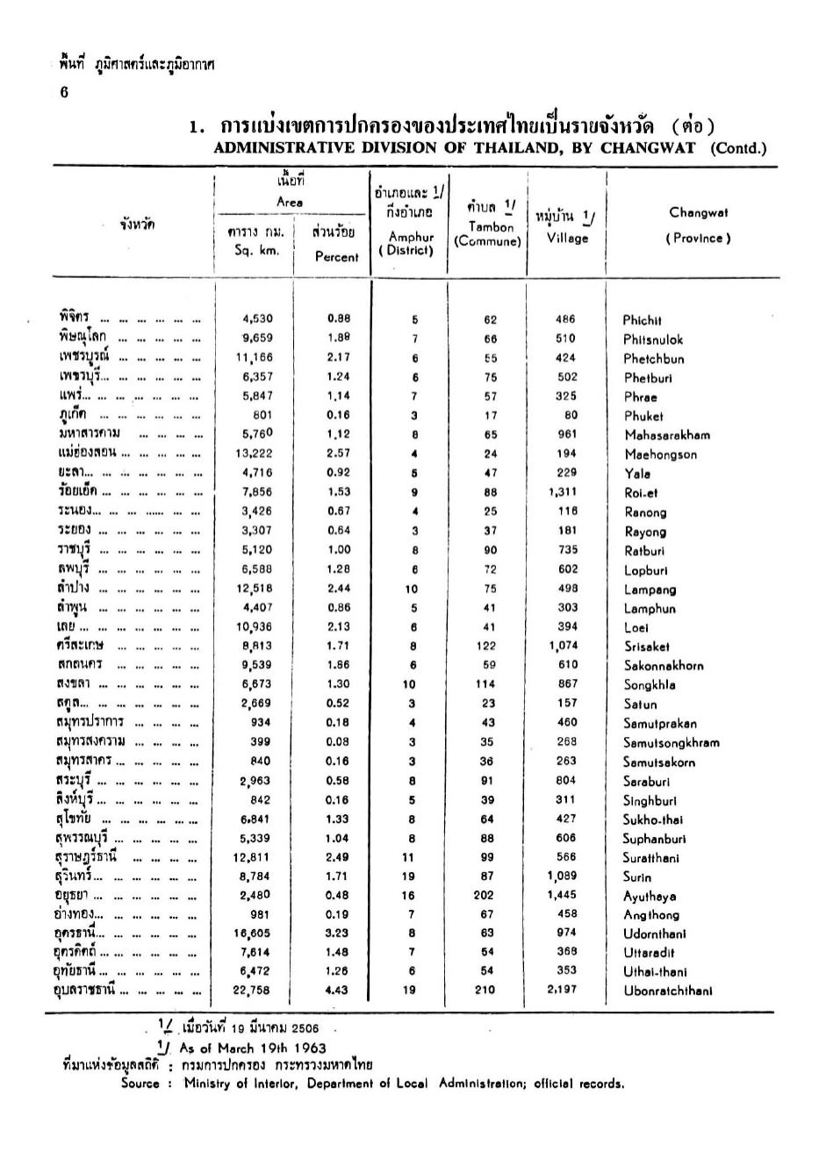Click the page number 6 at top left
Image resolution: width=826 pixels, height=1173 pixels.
[x=64, y=92]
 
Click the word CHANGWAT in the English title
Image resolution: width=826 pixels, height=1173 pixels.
[x=652, y=147]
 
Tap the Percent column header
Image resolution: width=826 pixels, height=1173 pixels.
[x=337, y=257]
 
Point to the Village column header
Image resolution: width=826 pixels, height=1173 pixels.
[x=567, y=238]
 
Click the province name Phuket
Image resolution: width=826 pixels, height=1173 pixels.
[x=643, y=417]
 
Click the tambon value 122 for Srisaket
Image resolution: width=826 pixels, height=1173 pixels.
[x=490, y=646]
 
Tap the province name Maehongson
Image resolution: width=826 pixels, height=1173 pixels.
[x=660, y=454]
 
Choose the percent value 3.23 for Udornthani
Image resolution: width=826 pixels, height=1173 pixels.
[x=337, y=933]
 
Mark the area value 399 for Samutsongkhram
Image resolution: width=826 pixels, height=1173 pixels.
[x=261, y=741]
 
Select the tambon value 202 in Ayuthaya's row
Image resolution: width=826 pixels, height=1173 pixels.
[x=490, y=895]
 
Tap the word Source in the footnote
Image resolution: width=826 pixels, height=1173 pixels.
[x=140, y=1084]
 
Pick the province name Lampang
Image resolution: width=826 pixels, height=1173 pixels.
[x=650, y=590]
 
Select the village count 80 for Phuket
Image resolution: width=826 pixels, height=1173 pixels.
[x=571, y=415]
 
